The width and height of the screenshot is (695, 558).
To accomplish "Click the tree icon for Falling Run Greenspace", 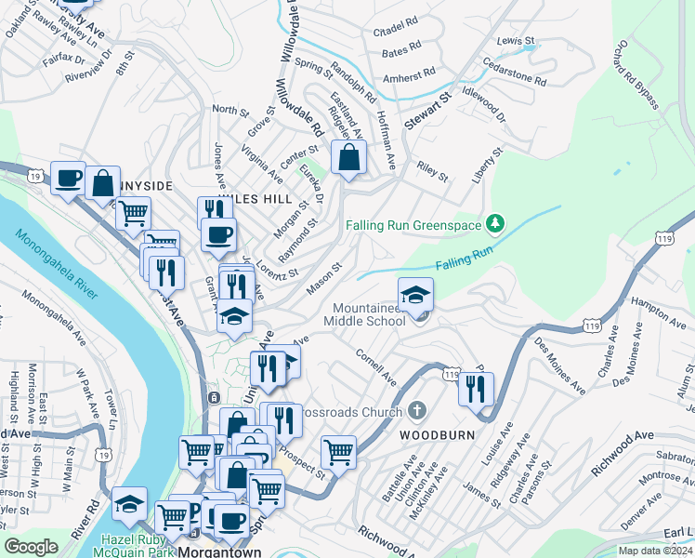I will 496,222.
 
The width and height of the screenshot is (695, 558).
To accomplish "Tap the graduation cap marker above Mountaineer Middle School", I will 415,293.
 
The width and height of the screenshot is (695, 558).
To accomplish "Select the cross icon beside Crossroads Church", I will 417,410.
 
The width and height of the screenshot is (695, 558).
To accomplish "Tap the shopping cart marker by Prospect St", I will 339,453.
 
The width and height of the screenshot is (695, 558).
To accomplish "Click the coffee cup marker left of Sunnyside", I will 68,177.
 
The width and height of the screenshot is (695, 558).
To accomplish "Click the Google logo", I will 32,547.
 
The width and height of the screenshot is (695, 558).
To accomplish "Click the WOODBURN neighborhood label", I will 437,434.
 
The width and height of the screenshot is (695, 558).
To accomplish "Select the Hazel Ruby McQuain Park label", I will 123,534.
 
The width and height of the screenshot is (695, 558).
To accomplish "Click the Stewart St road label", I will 427,110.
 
